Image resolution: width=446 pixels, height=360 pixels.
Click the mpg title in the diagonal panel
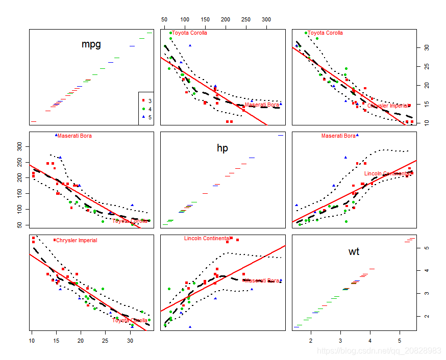[x=91, y=44]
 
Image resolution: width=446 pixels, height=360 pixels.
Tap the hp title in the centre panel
[x=222, y=148]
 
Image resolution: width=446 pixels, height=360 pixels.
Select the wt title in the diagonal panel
[x=354, y=251]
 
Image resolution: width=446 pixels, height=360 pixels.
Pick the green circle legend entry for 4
[x=150, y=109]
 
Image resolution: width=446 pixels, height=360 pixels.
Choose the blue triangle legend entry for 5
[x=150, y=117]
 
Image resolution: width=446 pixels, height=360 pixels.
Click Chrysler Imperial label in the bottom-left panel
[x=76, y=241]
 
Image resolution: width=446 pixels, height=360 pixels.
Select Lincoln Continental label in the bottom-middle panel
[x=207, y=238]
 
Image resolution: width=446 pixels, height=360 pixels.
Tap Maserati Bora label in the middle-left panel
[x=75, y=136]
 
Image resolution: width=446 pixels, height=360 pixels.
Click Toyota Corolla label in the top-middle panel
[x=189, y=33]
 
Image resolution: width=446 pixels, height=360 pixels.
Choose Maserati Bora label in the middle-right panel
[x=338, y=136]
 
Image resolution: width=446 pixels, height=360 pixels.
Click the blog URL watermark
[x=379, y=351]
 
